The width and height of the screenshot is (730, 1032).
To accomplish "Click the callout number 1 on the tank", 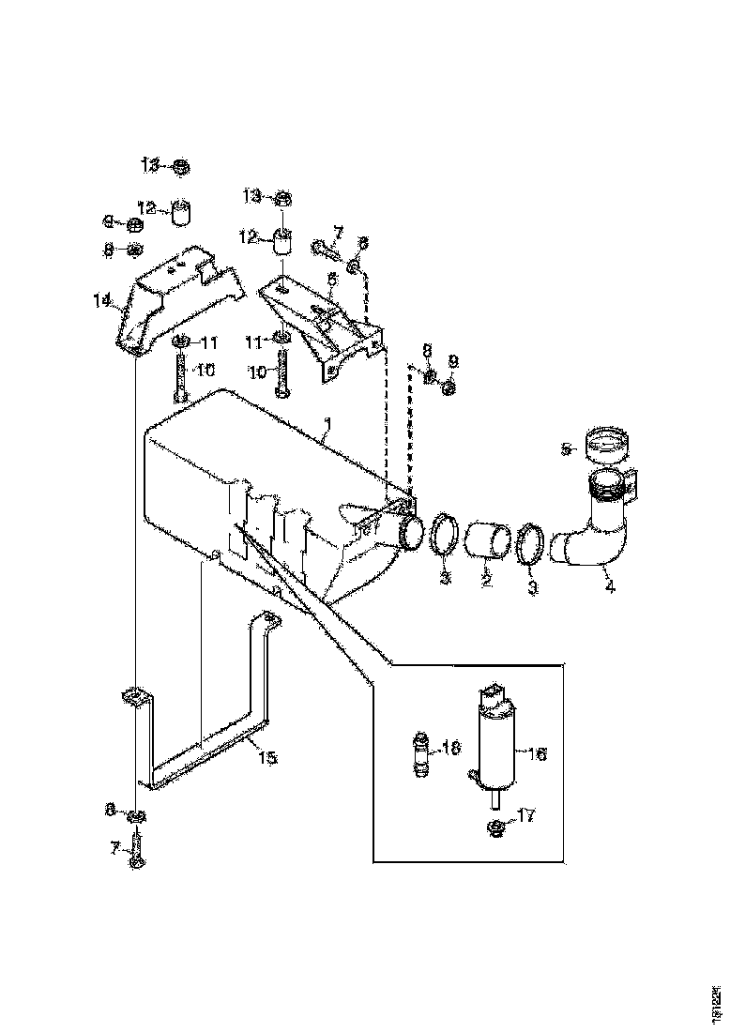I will pyautogui.click(x=326, y=435).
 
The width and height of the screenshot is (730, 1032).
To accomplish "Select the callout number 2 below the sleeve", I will pyautogui.click(x=486, y=582).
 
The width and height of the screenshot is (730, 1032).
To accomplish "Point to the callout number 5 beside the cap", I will pyautogui.click(x=566, y=449).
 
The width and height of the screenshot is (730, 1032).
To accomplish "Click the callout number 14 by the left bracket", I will pyautogui.click(x=101, y=300).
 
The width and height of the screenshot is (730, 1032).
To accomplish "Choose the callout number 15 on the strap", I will pyautogui.click(x=267, y=757).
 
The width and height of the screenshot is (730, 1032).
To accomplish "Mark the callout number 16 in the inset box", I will pyautogui.click(x=538, y=752).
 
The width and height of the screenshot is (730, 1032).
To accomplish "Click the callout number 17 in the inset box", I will pyautogui.click(x=525, y=816).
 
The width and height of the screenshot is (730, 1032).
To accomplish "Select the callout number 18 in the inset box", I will pyautogui.click(x=451, y=749).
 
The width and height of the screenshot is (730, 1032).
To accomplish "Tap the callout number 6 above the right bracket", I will pyautogui.click(x=331, y=279).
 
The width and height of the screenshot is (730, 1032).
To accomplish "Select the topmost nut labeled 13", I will pyautogui.click(x=181, y=167).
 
